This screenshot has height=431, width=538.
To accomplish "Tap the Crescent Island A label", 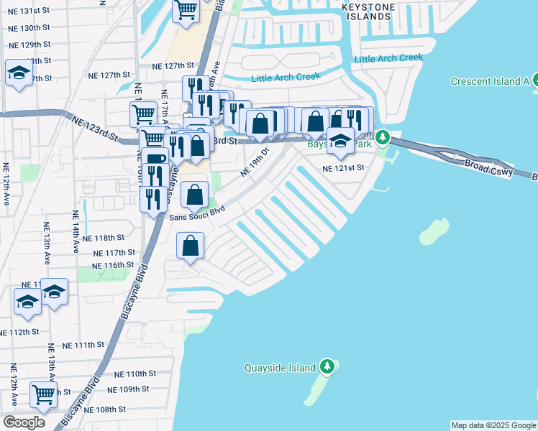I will (490, 81).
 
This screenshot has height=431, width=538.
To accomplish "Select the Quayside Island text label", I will (279, 368).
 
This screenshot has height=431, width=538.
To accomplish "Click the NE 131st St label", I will (29, 11).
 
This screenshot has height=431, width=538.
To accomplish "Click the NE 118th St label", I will (104, 238).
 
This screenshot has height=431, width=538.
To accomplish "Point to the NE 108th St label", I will (104, 409).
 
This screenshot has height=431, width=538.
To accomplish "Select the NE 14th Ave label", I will (75, 232).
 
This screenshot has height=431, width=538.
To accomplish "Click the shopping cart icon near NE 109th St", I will (44, 394).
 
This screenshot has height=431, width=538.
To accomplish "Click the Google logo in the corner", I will (24, 422).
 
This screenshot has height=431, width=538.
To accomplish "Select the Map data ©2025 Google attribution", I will (493, 425).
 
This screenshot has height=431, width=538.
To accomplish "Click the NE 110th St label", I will (135, 374).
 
